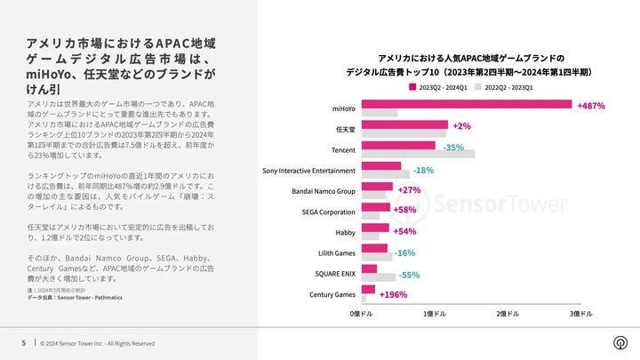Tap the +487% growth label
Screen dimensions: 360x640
[x=591, y=106]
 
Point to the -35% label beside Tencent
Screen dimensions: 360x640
[x=453, y=148]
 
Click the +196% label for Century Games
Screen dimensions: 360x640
[x=393, y=294]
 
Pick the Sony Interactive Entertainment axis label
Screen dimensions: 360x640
[x=308, y=170]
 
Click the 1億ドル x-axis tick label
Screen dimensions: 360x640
[x=435, y=314]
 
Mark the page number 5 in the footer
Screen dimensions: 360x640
[x=24, y=343]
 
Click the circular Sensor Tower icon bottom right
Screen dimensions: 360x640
[x=619, y=343]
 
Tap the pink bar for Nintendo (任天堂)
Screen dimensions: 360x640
[x=404, y=125]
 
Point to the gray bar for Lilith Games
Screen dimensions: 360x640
[x=377, y=257]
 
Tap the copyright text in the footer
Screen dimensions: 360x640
[x=98, y=343]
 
